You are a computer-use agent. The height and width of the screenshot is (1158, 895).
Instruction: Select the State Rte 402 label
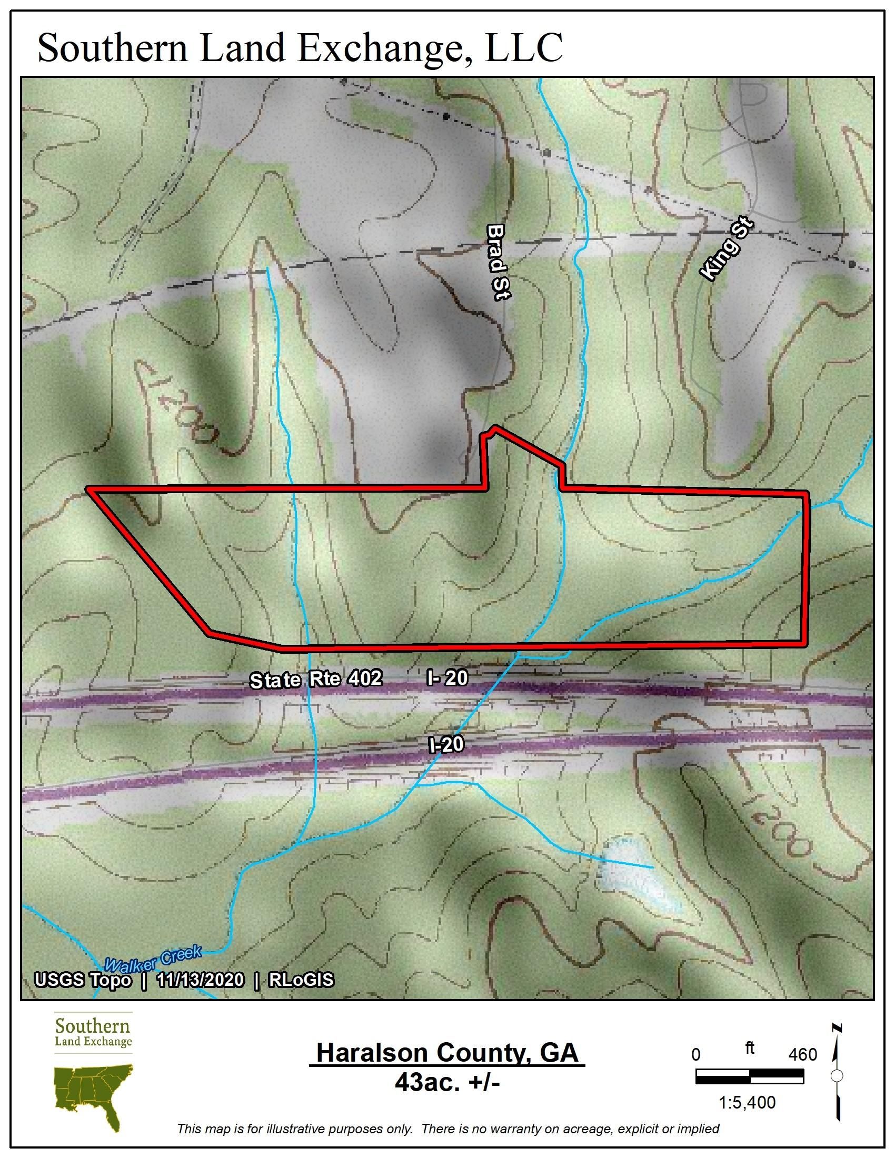pos(315,680)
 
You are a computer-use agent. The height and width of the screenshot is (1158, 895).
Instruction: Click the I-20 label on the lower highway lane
pos(446,745)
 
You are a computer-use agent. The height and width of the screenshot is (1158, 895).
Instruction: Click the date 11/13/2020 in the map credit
pos(200,980)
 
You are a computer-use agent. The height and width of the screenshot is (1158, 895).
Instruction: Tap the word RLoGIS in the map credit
pos(301,980)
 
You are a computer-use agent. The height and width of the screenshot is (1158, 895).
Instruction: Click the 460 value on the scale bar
pos(802,1055)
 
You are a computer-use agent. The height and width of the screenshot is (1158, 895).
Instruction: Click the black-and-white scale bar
pos(749,1076)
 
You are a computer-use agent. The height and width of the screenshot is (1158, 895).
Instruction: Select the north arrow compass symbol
pos(837,1076)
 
